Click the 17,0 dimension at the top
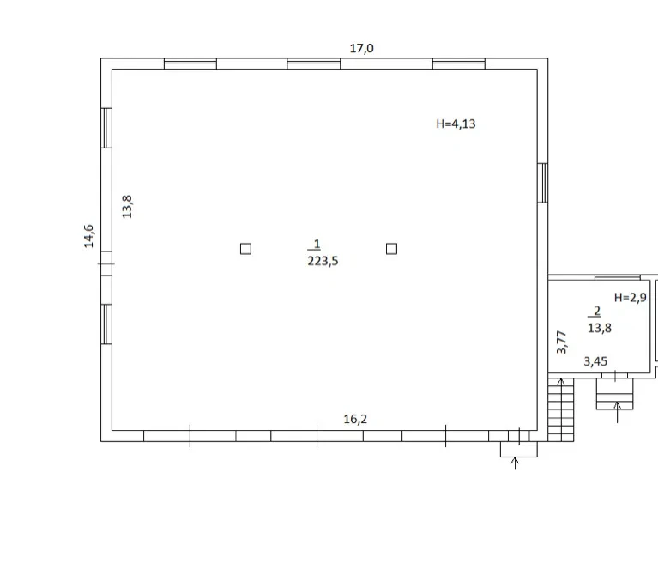[x=362, y=49]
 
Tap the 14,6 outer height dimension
[x=88, y=236]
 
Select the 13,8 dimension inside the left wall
[x=127, y=207]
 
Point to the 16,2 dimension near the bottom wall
[x=355, y=419]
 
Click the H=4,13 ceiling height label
[x=456, y=124]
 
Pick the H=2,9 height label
[x=631, y=298]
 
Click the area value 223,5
[x=323, y=261]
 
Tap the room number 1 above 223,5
[x=317, y=244]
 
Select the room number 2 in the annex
[x=597, y=311]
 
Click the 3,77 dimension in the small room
[x=561, y=342]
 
